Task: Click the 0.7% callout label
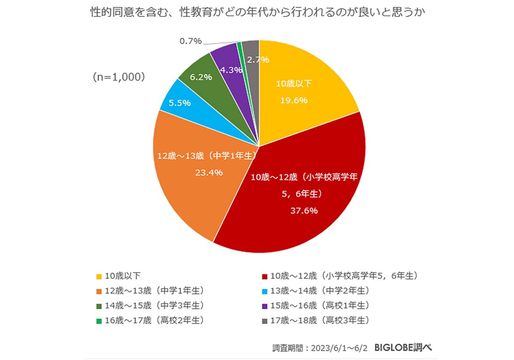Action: coord(190,42)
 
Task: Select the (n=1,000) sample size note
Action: coord(119,78)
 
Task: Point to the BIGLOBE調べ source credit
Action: coord(403,347)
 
